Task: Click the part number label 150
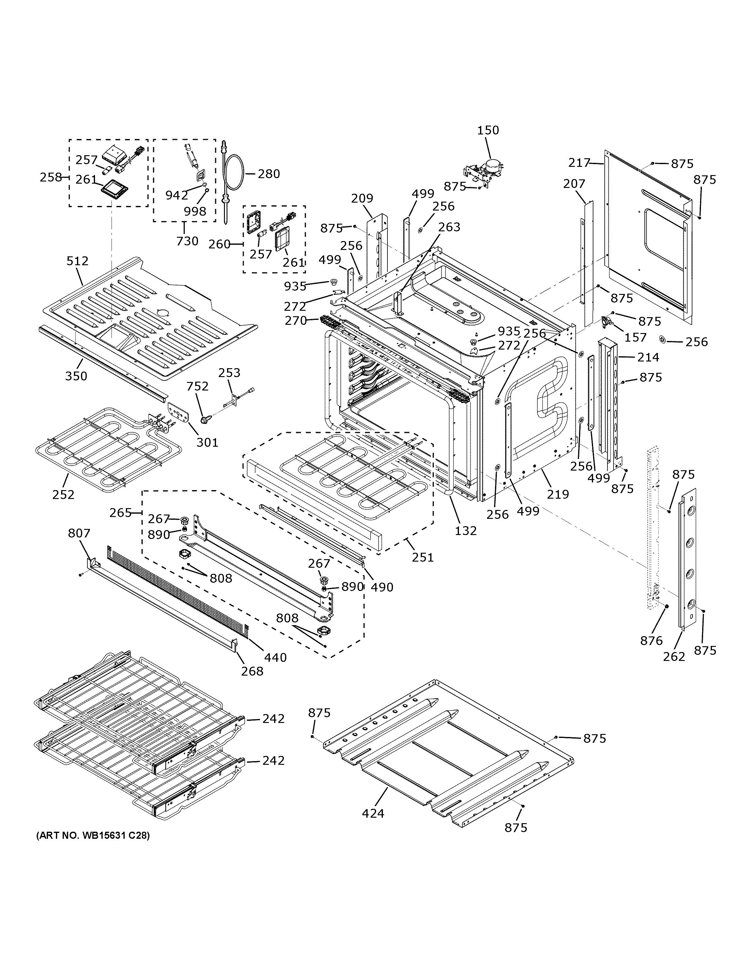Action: tap(488, 130)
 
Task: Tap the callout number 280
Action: tap(269, 174)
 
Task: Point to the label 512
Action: tap(78, 261)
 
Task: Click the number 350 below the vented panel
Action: tap(76, 376)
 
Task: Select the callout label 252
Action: tap(63, 494)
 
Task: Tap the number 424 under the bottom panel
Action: tap(373, 813)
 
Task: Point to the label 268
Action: tap(252, 671)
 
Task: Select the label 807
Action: tap(79, 533)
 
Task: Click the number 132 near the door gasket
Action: tap(466, 530)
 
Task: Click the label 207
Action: tap(574, 184)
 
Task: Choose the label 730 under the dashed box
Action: tap(187, 241)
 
